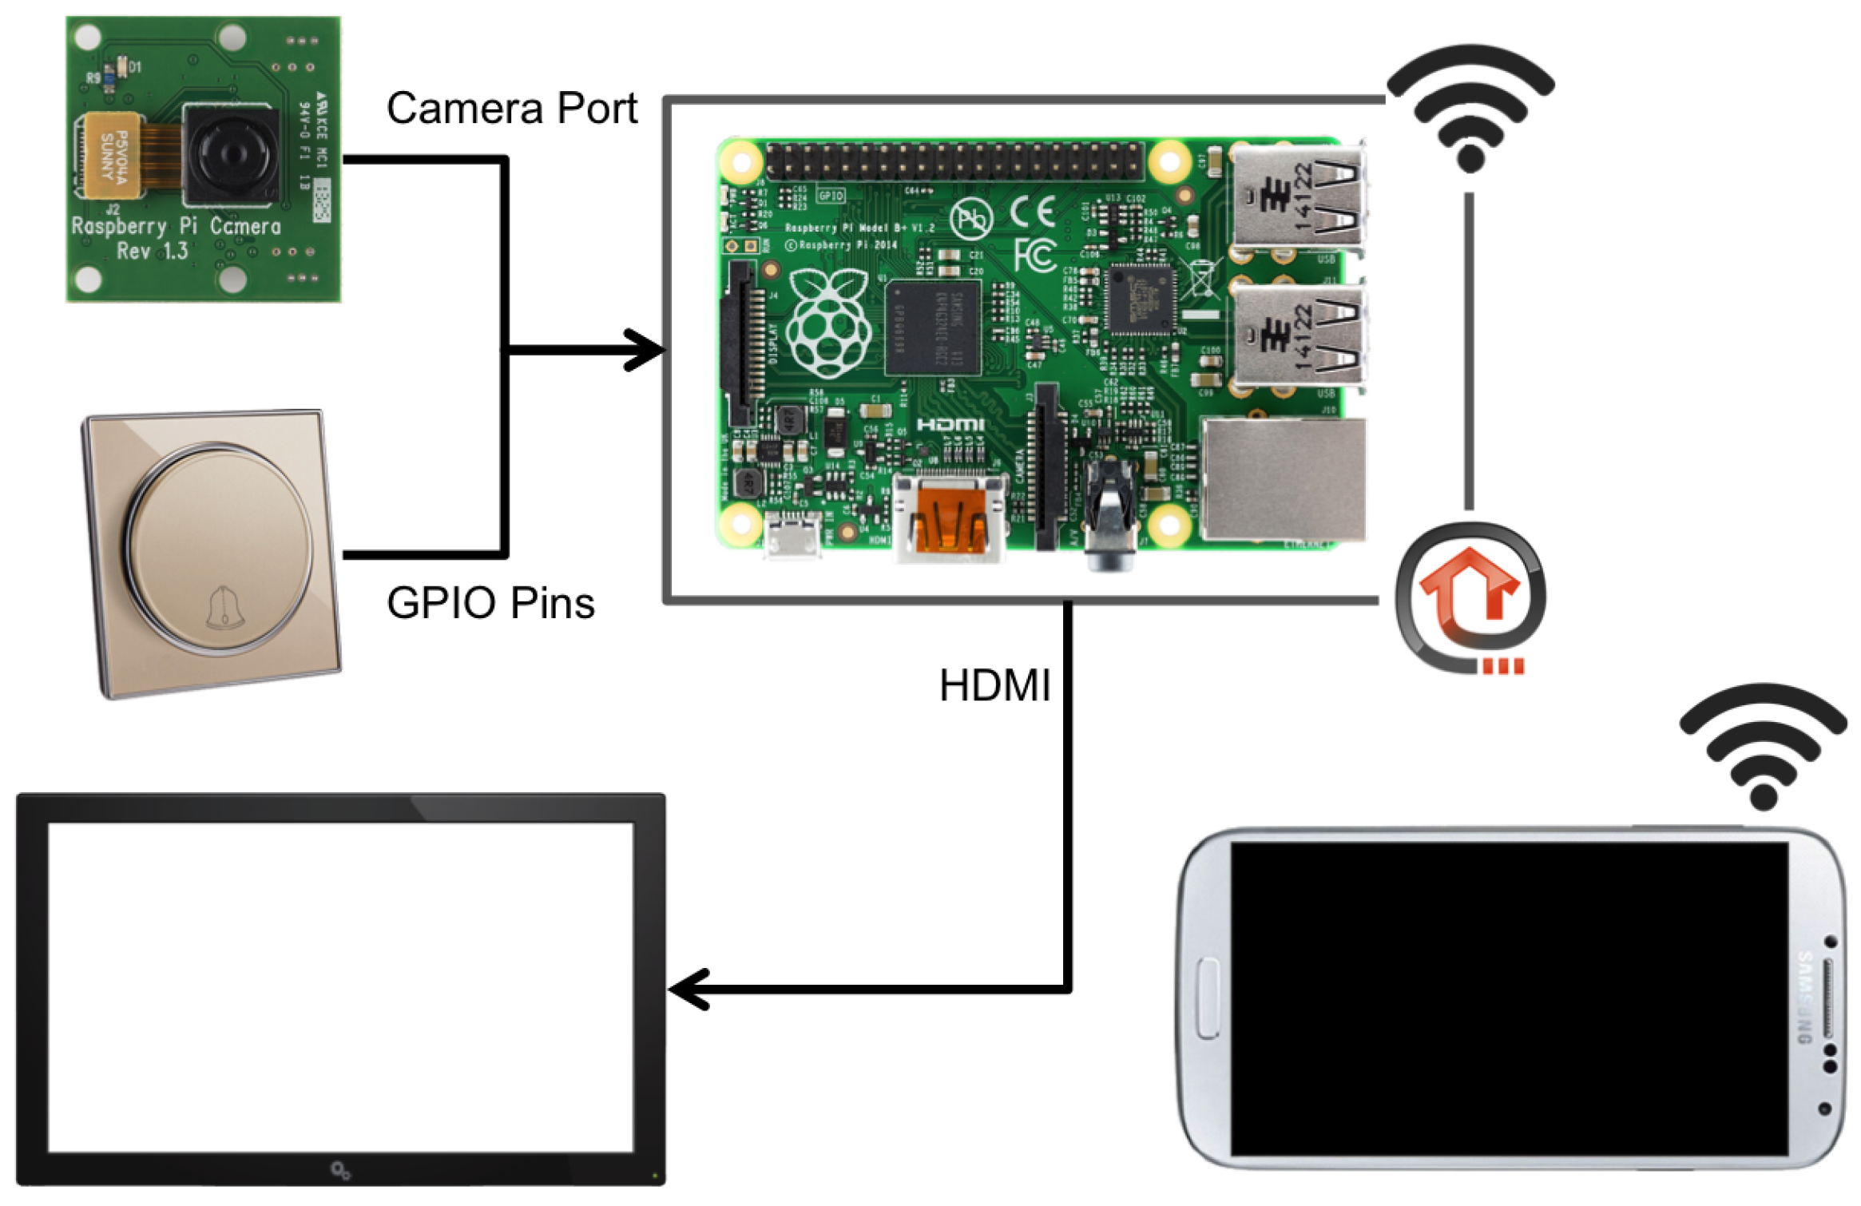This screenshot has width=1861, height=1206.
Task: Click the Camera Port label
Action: (511, 108)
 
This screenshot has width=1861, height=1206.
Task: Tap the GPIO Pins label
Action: (490, 603)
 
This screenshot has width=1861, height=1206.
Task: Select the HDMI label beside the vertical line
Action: (994, 685)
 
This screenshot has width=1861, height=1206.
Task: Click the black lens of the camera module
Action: (230, 153)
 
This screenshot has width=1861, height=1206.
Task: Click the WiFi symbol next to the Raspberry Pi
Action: (1470, 108)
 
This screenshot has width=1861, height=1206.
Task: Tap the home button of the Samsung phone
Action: (1208, 998)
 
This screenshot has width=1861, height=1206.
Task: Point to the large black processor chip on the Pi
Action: (932, 327)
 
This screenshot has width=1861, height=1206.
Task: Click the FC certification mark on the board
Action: (1035, 256)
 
